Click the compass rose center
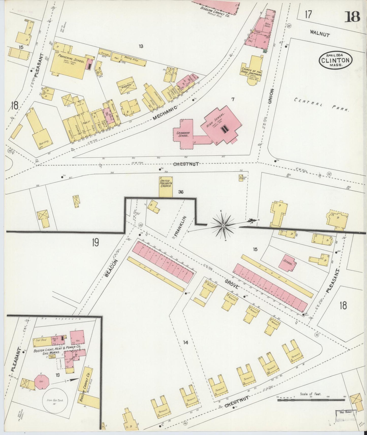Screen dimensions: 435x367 (x=223, y=226)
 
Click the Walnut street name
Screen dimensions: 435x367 (x=320, y=33)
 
